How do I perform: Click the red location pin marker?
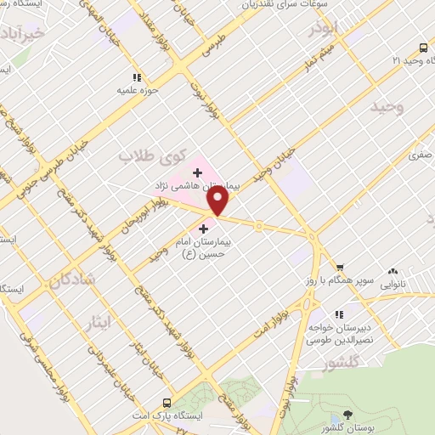click(x=218, y=200)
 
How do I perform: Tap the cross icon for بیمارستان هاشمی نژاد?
click(x=197, y=172)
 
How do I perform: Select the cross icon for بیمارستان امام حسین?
click(x=202, y=229)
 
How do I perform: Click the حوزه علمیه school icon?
click(x=136, y=77)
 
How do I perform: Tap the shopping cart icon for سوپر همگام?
click(x=339, y=267)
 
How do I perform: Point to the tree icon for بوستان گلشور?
click(x=347, y=415)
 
